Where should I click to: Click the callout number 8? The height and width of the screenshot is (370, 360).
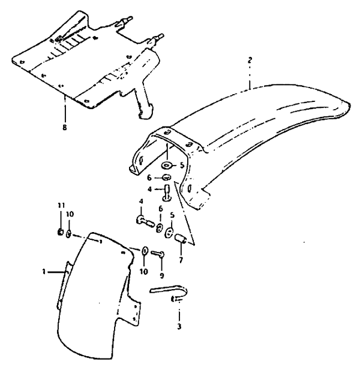click(64, 127)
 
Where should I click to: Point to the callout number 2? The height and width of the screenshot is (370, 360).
click(250, 60)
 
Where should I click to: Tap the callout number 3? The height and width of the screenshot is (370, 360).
click(179, 327)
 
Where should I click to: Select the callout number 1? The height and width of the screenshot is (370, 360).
click(44, 272)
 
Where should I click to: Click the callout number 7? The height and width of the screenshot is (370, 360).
click(181, 260)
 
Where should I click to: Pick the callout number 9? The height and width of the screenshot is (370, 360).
click(162, 276)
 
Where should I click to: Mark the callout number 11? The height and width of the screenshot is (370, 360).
click(61, 205)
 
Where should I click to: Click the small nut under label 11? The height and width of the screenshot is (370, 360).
click(61, 233)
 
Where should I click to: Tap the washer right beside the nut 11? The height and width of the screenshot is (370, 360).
click(68, 234)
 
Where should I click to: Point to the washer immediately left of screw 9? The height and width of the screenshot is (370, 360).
click(145, 251)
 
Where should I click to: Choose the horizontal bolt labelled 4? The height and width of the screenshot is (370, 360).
click(145, 221)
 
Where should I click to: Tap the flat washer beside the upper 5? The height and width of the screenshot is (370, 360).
click(167, 166)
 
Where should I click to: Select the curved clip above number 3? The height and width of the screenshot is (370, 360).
click(170, 289)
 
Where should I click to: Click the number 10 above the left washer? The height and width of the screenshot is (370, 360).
click(70, 214)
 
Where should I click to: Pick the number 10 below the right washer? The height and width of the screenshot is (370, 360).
click(144, 272)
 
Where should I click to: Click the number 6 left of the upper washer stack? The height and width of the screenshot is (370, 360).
click(149, 178)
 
